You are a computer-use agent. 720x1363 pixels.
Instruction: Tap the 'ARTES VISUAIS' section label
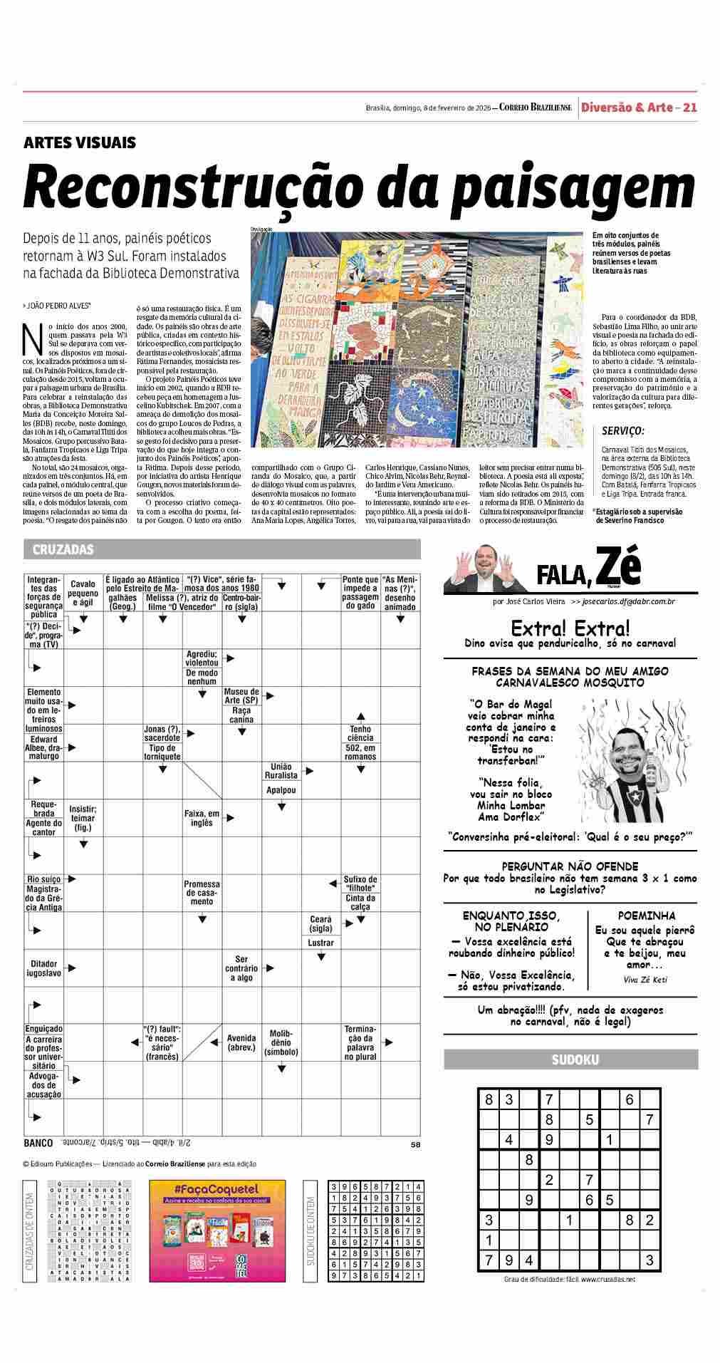coord(80,142)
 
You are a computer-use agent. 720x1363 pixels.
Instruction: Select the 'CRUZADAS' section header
coord(63,550)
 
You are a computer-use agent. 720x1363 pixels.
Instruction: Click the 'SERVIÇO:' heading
coord(623,430)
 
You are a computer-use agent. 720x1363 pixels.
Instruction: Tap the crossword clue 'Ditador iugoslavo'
coord(43,968)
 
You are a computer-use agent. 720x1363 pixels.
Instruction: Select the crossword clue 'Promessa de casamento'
coord(202,892)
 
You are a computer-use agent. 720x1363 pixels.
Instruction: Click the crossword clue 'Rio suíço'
coord(43,879)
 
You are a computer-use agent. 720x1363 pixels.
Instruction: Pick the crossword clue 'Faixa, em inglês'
coord(202,818)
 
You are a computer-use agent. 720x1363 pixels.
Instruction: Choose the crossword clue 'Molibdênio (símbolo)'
coord(281,1042)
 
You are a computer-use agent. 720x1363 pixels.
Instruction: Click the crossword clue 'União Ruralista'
coord(281,770)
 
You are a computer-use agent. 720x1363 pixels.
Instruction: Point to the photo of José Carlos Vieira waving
coord(484,567)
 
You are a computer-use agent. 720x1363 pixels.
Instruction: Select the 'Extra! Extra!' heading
coord(570,628)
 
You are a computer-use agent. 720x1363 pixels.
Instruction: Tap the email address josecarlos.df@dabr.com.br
coord(628,602)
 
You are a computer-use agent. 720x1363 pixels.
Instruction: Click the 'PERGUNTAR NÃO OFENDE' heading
coord(570,866)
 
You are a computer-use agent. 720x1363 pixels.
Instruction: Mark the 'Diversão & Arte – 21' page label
coord(638,108)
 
